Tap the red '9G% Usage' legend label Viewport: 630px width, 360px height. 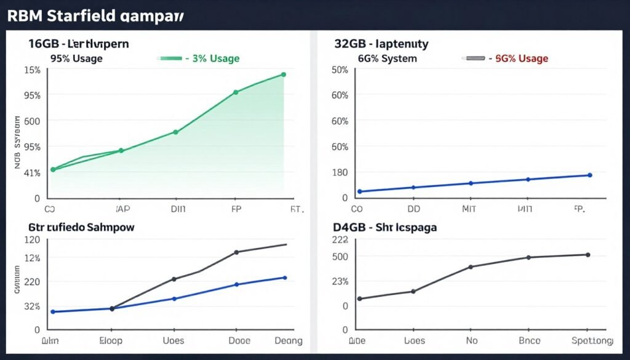(521, 58)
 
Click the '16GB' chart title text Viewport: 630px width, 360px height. (45, 44)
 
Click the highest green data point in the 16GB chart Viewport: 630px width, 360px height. (284, 74)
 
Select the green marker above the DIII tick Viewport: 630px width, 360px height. (175, 132)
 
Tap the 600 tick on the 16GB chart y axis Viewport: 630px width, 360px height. (32, 121)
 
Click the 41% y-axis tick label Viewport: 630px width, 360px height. (31, 173)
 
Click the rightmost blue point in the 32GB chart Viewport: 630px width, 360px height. (589, 175)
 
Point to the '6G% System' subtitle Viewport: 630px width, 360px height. (388, 58)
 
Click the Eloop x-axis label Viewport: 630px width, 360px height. (111, 340)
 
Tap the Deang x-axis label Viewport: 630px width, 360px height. (287, 340)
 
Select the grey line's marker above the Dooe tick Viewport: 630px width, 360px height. (236, 252)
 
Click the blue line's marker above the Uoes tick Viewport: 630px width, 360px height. (174, 298)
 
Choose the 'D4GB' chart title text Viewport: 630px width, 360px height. (351, 227)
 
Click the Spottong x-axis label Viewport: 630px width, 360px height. (591, 340)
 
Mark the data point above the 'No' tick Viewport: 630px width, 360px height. (471, 266)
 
